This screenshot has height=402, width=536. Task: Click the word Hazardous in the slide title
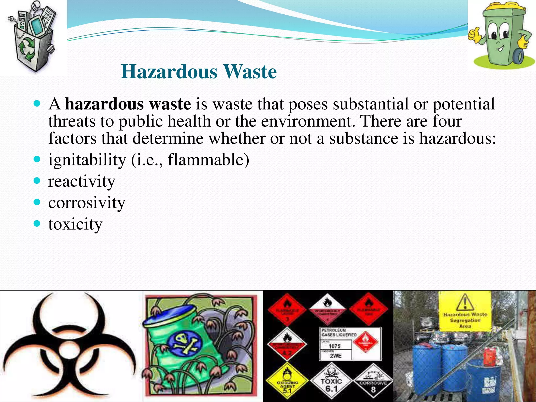tap(169, 72)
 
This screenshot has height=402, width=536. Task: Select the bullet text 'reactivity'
tap(82, 181)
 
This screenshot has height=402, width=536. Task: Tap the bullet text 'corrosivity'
tap(87, 203)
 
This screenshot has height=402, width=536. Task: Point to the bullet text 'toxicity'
tap(75, 224)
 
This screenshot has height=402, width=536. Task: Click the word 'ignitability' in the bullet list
tap(87, 160)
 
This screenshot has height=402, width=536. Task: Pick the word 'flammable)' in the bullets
tap(208, 160)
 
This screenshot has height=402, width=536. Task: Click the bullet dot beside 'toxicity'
tap(37, 224)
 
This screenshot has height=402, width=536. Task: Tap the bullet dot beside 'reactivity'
tap(37, 181)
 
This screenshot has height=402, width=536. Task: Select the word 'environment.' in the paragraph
tap(308, 121)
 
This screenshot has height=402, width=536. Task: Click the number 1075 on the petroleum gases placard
tap(335, 346)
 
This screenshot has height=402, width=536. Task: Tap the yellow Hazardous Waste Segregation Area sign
tap(465, 311)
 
